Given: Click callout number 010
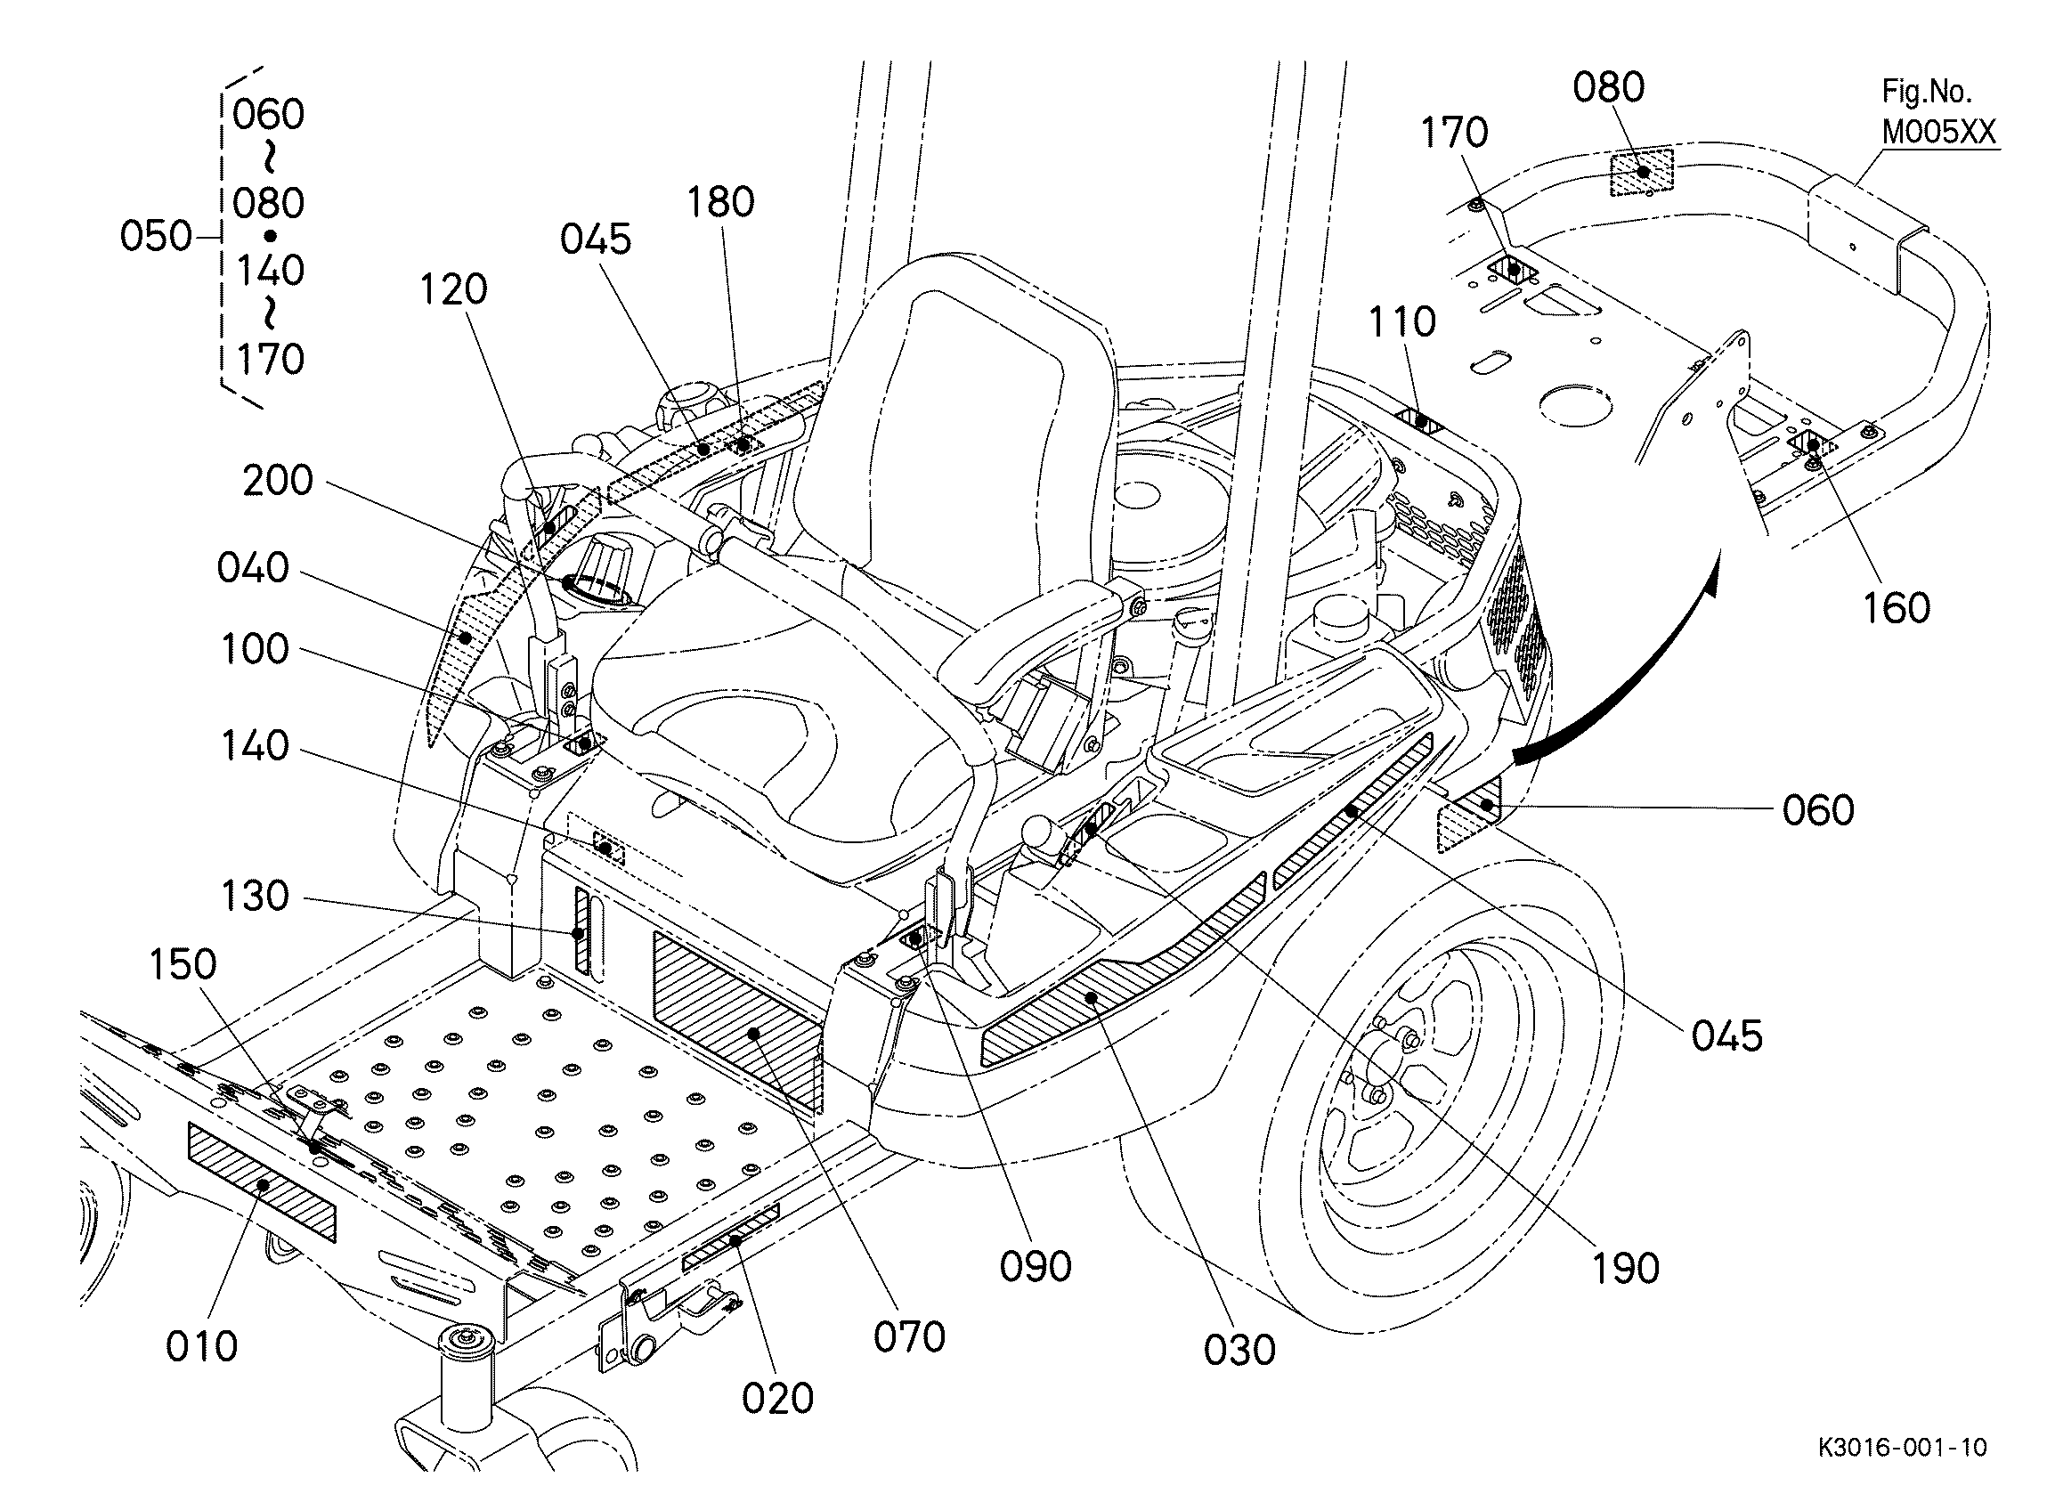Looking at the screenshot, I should (201, 1346).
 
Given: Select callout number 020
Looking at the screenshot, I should (777, 1399).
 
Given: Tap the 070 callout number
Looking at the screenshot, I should (909, 1337).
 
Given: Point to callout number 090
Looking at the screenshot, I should (1036, 1267).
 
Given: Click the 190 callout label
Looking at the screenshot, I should (1625, 1269).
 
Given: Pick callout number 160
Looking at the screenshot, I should (1897, 608).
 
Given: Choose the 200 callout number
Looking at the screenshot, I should (277, 480).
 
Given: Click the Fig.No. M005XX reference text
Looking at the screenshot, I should (1937, 112).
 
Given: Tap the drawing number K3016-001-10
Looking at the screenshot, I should (1902, 1447).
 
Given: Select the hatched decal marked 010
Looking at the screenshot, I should (262, 1182).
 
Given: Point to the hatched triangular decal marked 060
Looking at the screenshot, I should (1469, 817).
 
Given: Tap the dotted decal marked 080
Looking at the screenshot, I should (1642, 172).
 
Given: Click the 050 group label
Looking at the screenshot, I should (155, 237).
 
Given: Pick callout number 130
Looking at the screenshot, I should (255, 897).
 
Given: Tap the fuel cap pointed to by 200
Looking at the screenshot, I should (600, 578).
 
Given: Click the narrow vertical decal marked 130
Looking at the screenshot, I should (581, 930).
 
